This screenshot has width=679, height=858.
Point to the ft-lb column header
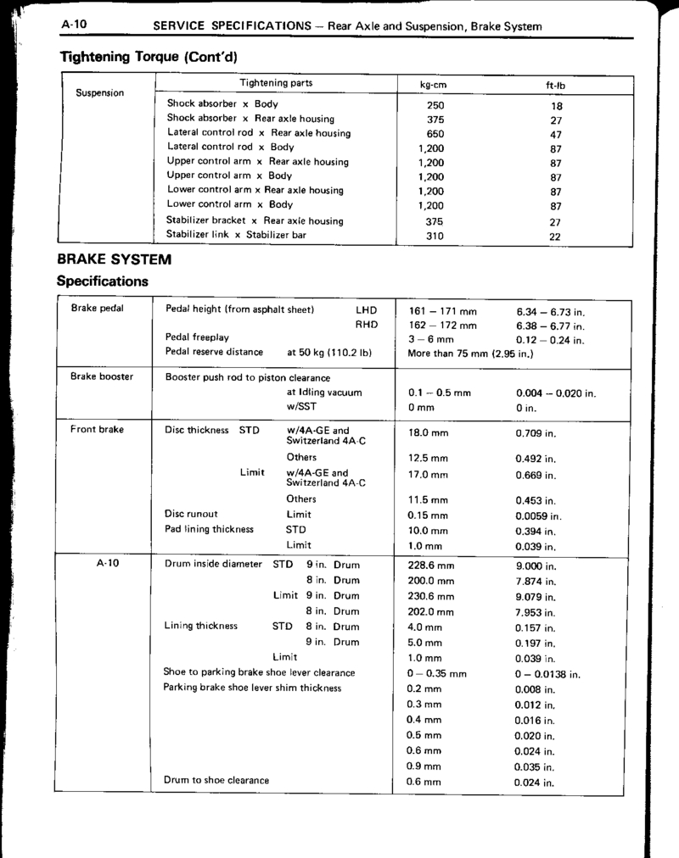pos(556,86)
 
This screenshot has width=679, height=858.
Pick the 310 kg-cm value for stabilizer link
pos(435,237)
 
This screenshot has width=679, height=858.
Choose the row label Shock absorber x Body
pos(216,104)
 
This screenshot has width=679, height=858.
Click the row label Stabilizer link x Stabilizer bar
pos(237,234)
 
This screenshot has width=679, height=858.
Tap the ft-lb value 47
pos(556,134)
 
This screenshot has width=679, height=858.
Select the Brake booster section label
pos(102,376)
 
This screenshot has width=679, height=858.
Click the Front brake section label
pos(98,429)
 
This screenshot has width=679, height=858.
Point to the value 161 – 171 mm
pos(442,310)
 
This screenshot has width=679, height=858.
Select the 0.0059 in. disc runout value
pos(539,515)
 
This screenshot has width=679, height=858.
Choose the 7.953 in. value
pos(536,611)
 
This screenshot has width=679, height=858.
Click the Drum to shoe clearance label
pos(216,780)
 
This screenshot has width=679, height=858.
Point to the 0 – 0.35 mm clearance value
pos(437,674)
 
